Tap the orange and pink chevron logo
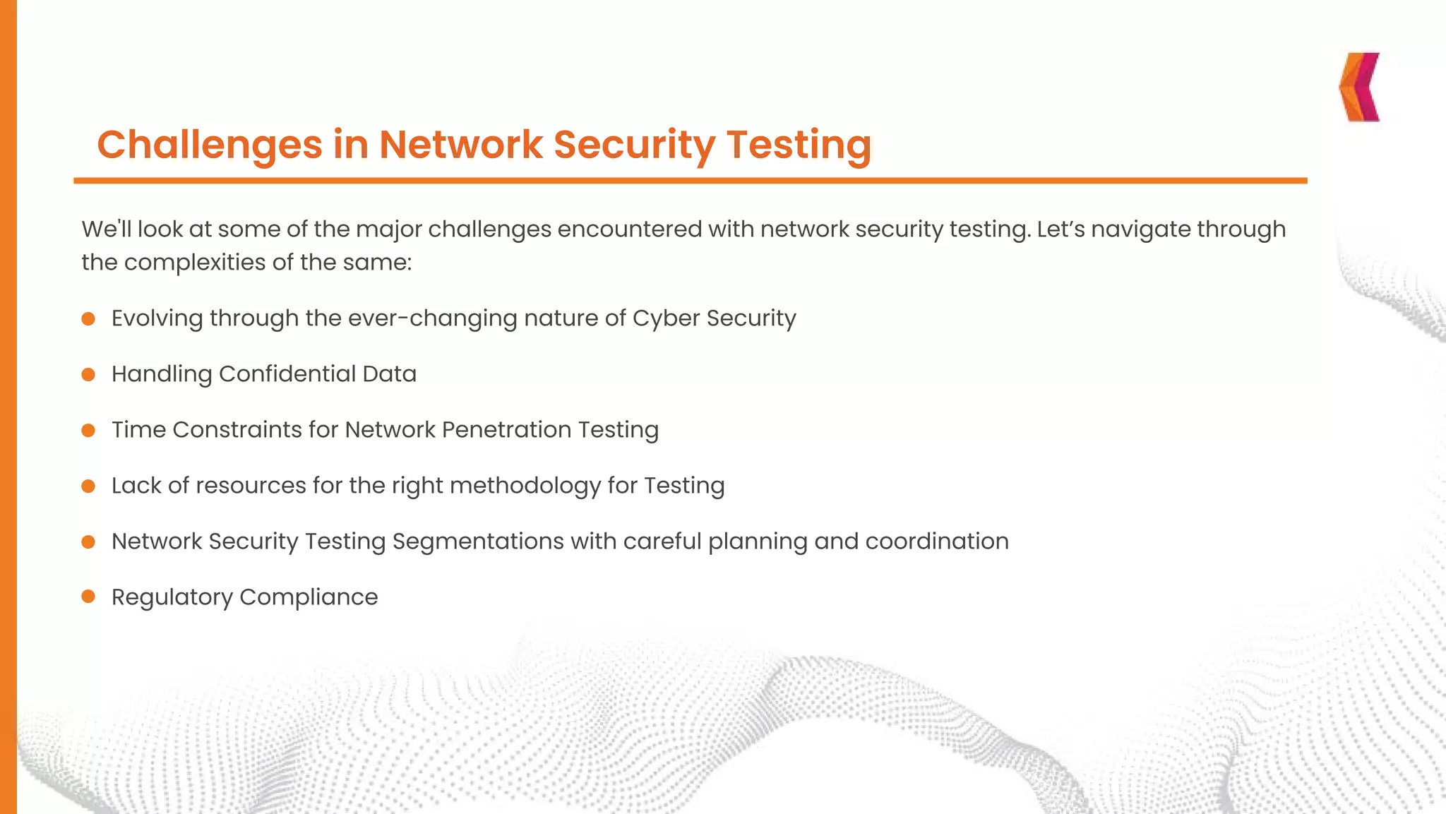coord(1359,87)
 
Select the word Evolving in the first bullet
coord(157,318)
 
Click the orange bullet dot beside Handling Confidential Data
coord(88,374)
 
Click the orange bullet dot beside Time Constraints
coord(88,430)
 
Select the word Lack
coord(136,485)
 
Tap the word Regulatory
coord(172,598)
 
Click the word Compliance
coord(309,597)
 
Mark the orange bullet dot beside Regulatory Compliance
coord(88,597)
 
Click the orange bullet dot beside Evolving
coord(88,319)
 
